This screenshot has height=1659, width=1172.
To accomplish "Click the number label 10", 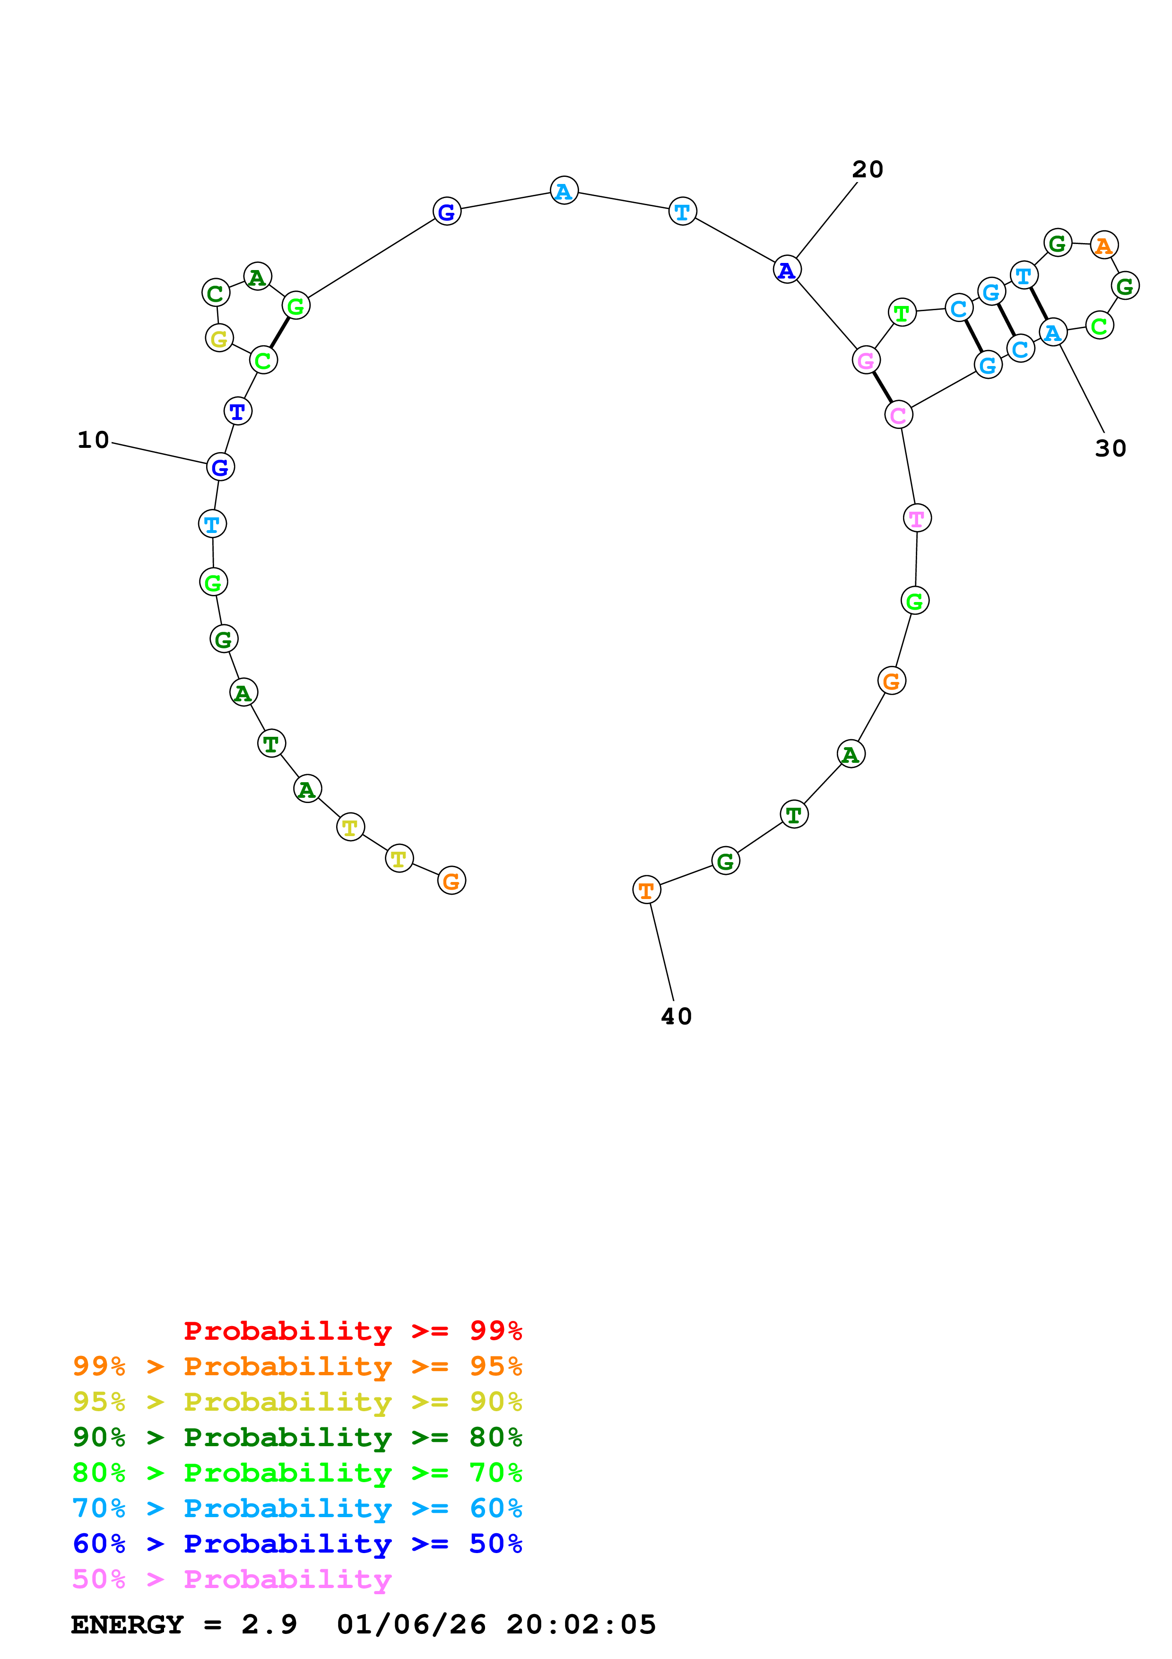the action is pos(93,440).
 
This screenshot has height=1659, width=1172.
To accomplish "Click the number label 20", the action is pos(867,170).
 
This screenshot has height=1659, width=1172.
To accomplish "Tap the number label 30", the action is pos(1110,449).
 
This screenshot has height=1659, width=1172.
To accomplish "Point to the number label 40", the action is pos(676,1017).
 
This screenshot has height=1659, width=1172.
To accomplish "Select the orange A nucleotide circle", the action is pos(1103,245).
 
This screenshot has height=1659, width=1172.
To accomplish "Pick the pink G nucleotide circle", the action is pos(865,360).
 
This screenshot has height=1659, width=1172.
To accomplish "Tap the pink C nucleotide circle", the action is pos(898,415).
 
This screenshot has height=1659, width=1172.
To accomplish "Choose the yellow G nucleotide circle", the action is pos(219,338).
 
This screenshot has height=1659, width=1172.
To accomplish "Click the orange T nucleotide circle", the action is pos(646,890).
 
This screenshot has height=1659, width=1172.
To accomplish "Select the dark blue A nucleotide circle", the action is pos(786,270).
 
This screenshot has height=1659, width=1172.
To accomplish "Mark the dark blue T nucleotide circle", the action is pos(238,411).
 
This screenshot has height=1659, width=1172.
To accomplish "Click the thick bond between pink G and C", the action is pos(882,387).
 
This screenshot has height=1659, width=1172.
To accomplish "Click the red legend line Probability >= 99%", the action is pos(352,1330).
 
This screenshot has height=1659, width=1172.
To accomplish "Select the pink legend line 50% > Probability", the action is pos(231,1579).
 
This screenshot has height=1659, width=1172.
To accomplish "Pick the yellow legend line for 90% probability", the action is pos(297,1402).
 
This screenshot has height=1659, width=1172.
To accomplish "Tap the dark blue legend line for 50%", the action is pos(297,1544).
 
